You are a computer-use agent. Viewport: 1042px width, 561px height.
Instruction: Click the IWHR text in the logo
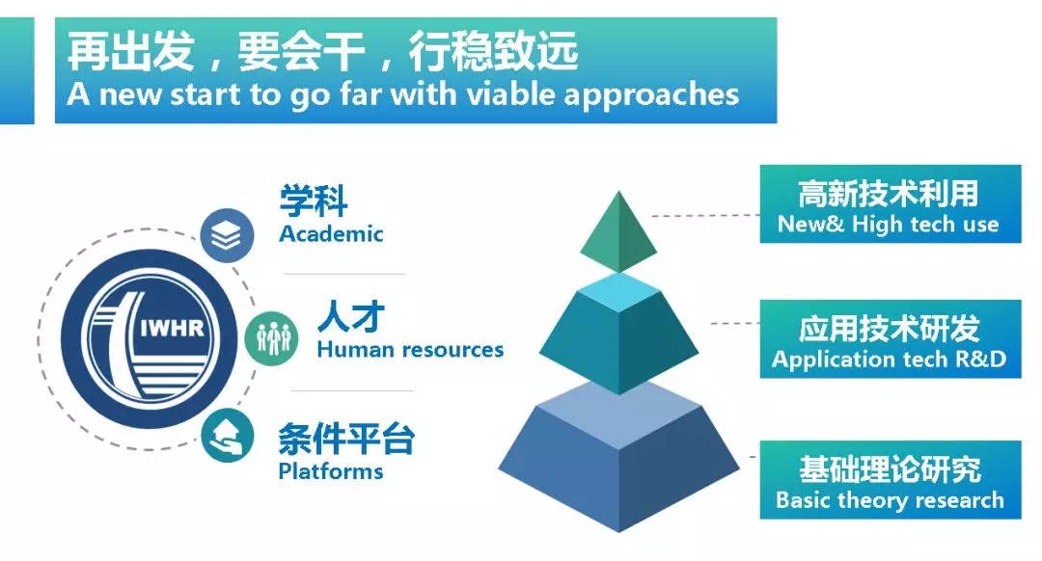[x=172, y=328]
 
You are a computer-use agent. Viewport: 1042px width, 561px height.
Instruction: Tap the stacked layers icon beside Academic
[x=227, y=235]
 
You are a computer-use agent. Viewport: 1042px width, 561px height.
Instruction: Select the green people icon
[x=272, y=338]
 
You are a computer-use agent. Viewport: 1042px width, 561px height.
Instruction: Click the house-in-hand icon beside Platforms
[x=228, y=436]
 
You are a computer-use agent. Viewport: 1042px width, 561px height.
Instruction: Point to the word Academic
[x=331, y=233]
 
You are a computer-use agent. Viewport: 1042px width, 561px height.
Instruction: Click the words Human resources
[x=410, y=349]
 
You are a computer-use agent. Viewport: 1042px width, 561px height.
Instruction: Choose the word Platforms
[x=331, y=471]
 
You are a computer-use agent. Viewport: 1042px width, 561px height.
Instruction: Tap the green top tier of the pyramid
[x=618, y=231]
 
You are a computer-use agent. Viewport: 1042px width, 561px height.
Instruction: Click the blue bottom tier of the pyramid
[x=618, y=457]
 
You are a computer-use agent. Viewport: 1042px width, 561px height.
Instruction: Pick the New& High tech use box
[x=890, y=203]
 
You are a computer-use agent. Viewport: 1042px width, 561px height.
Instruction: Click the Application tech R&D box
[x=890, y=339]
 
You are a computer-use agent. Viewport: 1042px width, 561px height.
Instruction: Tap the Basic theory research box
[x=890, y=479]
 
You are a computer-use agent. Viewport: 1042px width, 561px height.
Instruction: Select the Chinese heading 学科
[x=313, y=200]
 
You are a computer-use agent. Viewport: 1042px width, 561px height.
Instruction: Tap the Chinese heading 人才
[x=351, y=316]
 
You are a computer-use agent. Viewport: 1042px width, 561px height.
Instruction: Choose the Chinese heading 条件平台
[x=346, y=439]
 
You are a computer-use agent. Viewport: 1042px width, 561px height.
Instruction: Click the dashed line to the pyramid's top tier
[x=705, y=216]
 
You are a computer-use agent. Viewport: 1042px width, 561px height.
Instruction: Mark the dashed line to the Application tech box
[x=735, y=323]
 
